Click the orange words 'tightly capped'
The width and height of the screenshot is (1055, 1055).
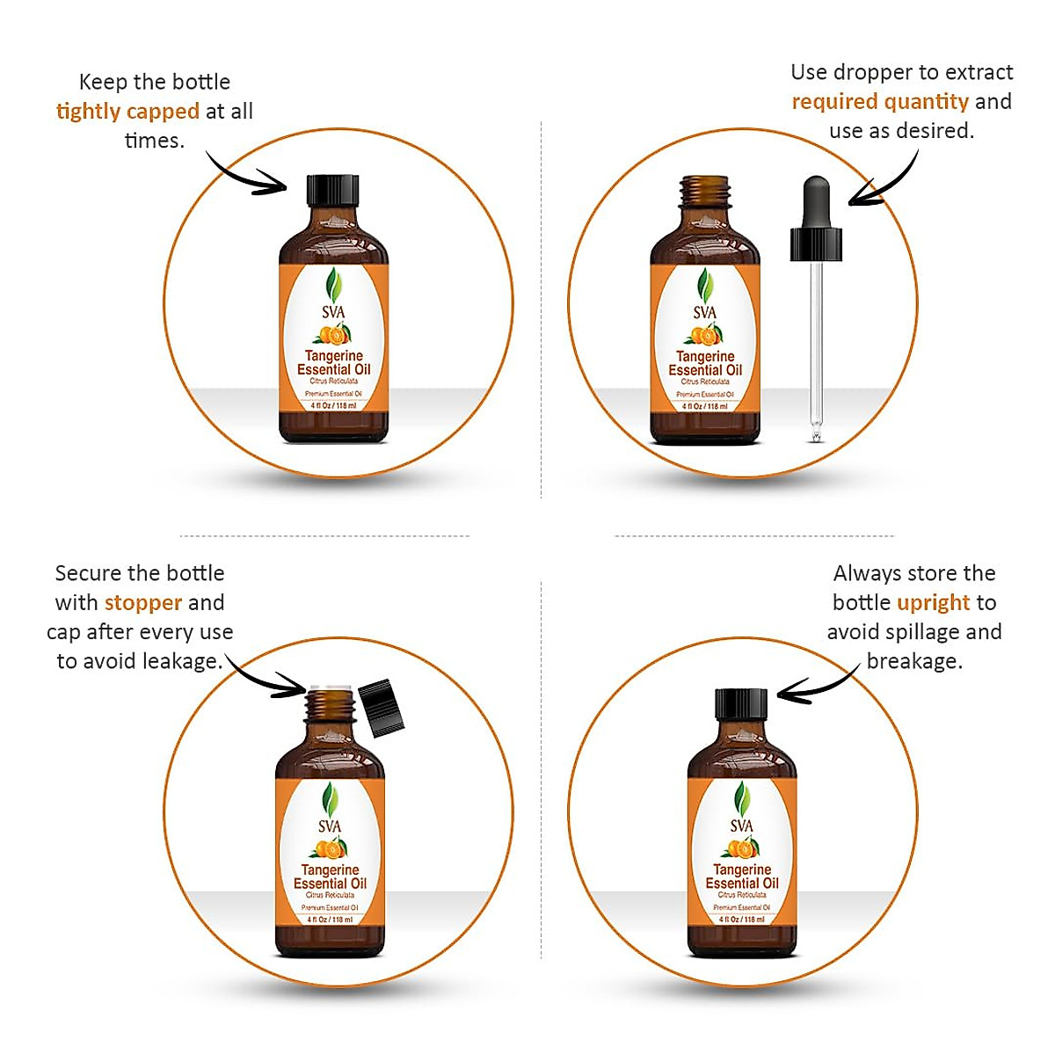coord(127,112)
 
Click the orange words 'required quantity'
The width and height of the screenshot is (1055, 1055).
coord(880,102)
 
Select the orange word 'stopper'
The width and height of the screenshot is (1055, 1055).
coord(143,603)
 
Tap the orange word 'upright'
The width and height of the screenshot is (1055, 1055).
coord(933,603)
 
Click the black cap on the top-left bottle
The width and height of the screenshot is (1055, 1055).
coord(333,191)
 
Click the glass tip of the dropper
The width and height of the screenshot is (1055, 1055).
coord(816,433)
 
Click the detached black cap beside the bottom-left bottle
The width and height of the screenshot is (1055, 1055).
coord(381,707)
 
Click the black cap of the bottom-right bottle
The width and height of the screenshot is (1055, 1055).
coord(741,704)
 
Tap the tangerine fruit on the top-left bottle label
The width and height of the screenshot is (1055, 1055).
coord(332,335)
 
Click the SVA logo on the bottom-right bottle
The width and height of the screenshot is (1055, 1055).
coord(742,826)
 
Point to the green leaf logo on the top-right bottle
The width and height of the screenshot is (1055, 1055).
coord(704,285)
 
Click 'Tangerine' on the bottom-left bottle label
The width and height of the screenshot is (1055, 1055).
coord(330,869)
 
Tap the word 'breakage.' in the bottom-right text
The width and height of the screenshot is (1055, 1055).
coord(914,661)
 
